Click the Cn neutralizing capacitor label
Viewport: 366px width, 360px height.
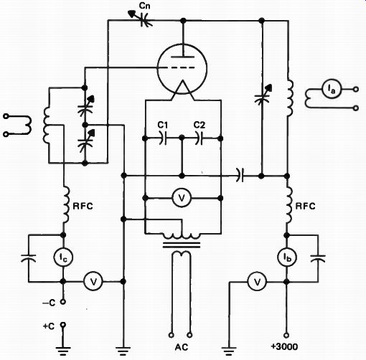click(x=145, y=6)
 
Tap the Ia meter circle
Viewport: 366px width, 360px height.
click(x=332, y=89)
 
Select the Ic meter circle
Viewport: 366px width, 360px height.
click(x=63, y=257)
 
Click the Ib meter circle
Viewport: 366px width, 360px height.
click(x=287, y=257)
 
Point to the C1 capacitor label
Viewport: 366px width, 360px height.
click(x=163, y=125)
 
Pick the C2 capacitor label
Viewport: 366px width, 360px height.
click(x=200, y=125)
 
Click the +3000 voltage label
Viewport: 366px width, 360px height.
click(x=284, y=346)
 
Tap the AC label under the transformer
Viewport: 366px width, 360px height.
click(x=182, y=347)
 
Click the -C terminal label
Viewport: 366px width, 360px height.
click(x=49, y=303)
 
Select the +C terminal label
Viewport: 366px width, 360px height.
click(x=49, y=326)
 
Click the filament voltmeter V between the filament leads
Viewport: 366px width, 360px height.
click(x=182, y=198)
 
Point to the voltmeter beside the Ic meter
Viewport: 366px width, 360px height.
click(x=93, y=281)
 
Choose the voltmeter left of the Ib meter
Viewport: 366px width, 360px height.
click(x=257, y=281)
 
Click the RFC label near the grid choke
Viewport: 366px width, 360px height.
click(x=83, y=206)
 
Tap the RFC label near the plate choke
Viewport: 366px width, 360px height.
click(x=306, y=206)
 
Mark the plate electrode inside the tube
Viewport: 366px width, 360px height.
click(x=183, y=57)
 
